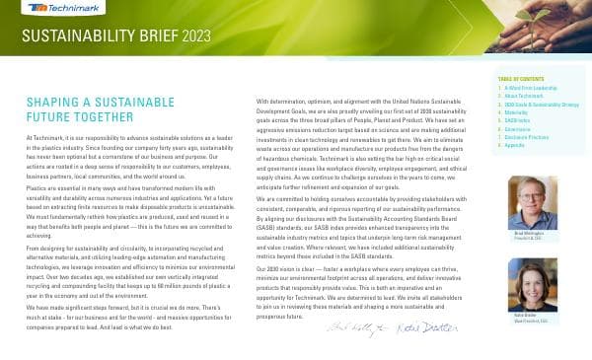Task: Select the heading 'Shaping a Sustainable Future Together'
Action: pyautogui.click(x=82, y=108)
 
